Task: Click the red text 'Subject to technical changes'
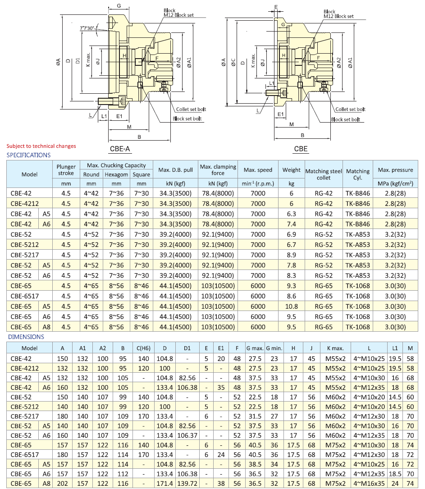click(x=41, y=146)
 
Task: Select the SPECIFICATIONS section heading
click(x=28, y=155)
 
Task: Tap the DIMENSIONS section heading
click(x=25, y=337)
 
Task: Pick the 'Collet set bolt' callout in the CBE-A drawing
click(x=189, y=110)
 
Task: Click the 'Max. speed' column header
click(x=258, y=170)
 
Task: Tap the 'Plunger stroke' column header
click(x=66, y=170)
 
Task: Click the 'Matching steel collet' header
click(x=324, y=174)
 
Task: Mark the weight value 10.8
click(x=291, y=306)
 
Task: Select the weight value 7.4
click(x=291, y=224)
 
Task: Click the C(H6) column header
click(x=143, y=348)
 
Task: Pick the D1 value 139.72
click(x=187, y=483)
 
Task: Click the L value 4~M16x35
click(x=369, y=483)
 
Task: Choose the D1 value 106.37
click(x=187, y=436)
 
